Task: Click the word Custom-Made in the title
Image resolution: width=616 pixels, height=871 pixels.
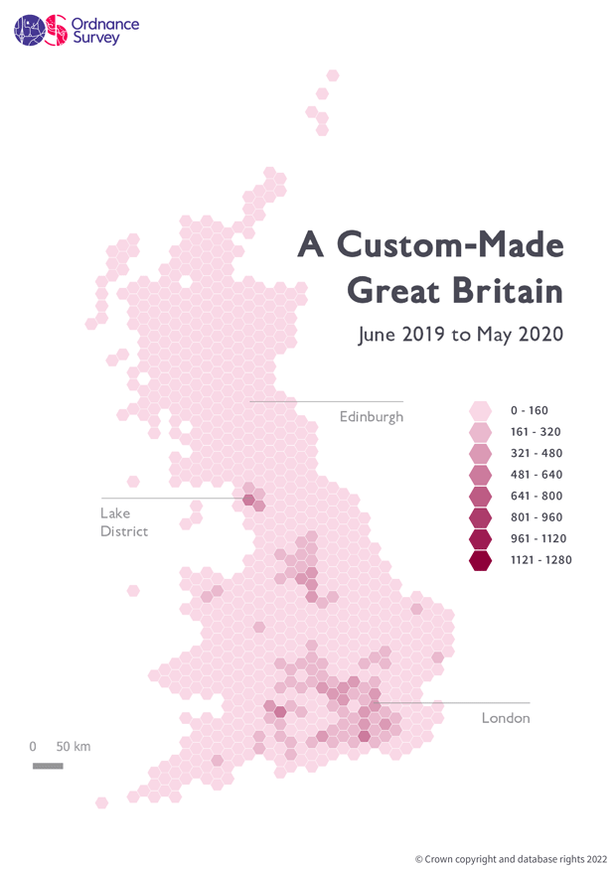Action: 448,245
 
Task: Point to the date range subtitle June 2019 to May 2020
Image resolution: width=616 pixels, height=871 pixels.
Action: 460,334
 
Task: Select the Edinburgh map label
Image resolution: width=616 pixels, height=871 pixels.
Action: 372,416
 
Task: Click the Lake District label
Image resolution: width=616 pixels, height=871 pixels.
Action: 123,522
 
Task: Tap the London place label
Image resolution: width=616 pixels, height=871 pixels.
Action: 506,717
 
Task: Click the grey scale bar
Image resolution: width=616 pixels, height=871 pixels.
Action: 48,766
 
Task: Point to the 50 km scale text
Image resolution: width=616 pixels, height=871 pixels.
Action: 73,746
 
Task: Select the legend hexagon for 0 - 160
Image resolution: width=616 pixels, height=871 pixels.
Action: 481,410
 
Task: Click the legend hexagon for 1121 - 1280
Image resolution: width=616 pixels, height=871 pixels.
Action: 481,561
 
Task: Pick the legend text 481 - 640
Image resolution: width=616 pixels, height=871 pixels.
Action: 537,475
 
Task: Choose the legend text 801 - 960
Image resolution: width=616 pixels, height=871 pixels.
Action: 537,517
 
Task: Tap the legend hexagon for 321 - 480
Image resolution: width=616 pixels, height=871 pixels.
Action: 481,453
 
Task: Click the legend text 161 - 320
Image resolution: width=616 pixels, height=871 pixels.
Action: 537,432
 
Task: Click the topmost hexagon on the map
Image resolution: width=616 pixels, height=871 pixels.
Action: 333,75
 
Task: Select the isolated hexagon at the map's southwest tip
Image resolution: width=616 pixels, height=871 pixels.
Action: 101,802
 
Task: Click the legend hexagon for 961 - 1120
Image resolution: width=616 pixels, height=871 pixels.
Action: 481,539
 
